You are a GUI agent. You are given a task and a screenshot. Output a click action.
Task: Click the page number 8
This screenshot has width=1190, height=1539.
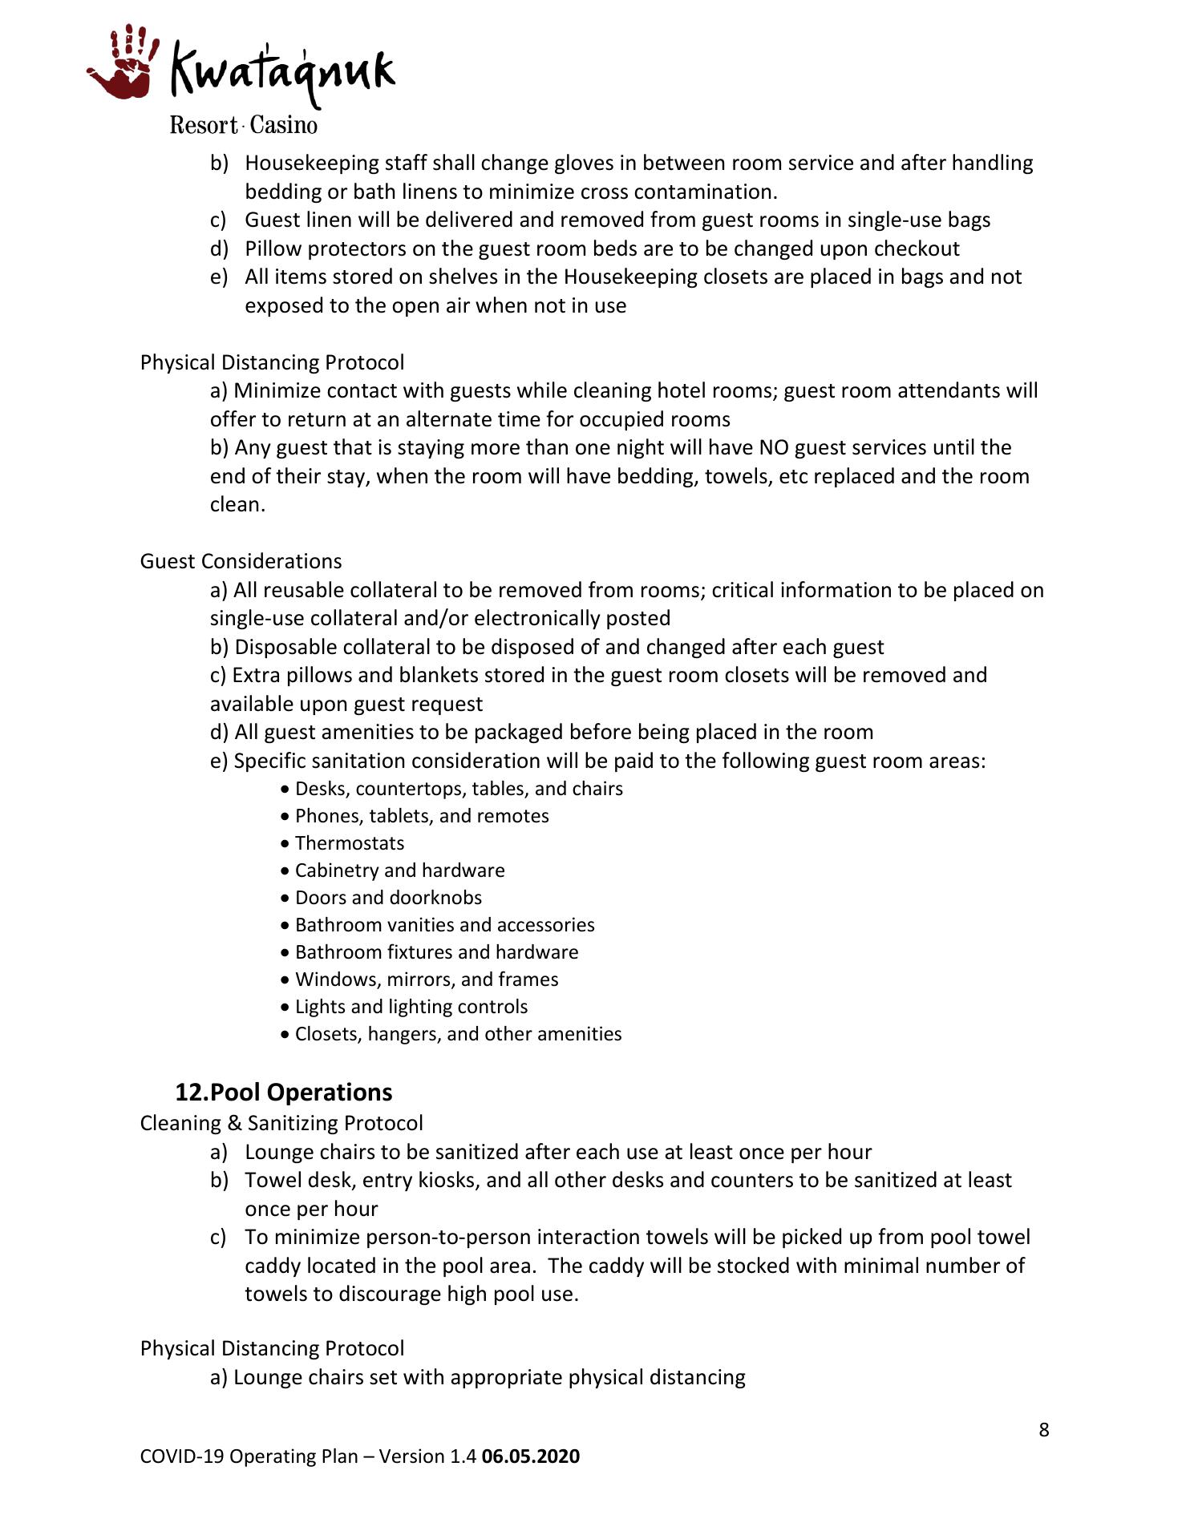click(1043, 1430)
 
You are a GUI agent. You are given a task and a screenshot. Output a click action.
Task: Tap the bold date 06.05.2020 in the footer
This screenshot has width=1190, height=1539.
click(530, 1456)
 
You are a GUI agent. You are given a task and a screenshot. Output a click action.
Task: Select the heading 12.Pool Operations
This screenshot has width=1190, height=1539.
click(284, 1093)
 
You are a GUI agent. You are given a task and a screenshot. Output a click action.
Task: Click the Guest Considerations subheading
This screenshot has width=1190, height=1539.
click(241, 561)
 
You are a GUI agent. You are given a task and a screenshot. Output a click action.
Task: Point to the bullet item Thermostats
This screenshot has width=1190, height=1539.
click(350, 843)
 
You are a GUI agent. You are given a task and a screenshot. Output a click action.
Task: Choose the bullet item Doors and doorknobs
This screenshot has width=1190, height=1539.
click(388, 898)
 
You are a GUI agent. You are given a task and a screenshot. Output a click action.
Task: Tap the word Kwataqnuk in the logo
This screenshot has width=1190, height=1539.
click(282, 72)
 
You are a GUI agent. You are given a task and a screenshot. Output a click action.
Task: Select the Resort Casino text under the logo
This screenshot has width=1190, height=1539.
click(243, 126)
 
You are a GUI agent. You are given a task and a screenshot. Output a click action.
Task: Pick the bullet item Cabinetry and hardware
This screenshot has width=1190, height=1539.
click(399, 870)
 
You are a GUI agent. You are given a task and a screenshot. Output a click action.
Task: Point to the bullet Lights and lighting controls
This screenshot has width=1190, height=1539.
click(411, 1007)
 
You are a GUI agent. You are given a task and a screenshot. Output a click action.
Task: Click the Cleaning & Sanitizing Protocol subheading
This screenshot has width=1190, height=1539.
click(281, 1123)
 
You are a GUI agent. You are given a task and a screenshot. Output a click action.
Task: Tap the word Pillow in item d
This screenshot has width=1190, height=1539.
click(273, 248)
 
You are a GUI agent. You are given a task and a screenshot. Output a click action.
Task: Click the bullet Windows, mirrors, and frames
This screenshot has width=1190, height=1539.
click(427, 980)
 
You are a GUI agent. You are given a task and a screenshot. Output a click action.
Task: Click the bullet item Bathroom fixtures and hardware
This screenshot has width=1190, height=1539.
click(436, 952)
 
